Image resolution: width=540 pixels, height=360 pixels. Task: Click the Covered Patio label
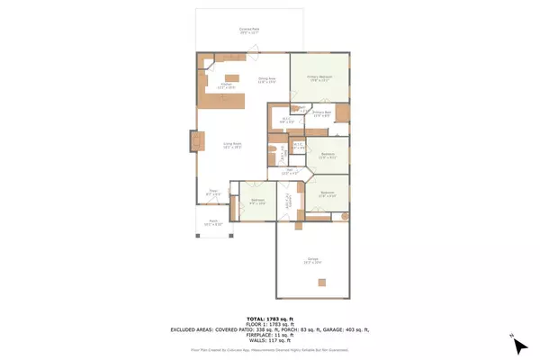point(249,31)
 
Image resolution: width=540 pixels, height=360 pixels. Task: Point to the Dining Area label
point(266,81)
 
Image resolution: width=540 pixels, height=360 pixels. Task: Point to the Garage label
point(311,262)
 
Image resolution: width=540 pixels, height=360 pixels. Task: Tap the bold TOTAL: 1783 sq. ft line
point(269,319)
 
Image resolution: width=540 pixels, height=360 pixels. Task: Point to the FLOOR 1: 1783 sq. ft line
point(269,324)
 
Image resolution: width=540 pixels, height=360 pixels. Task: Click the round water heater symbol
point(344,217)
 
